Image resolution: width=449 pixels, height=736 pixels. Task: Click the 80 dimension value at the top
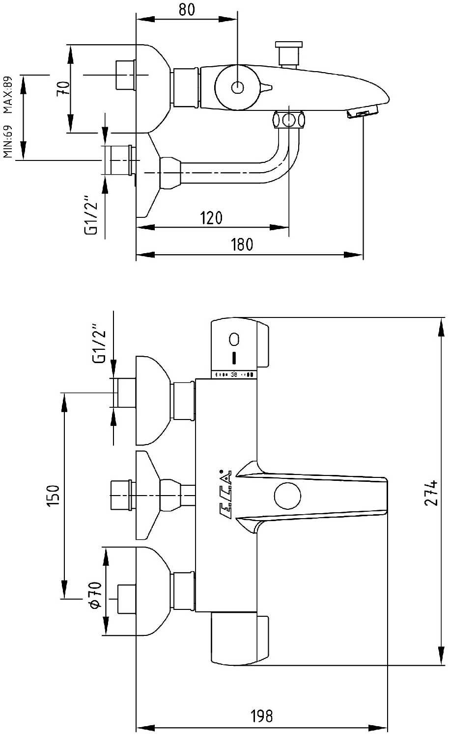[x=187, y=9]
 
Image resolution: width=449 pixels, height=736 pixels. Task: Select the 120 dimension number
[x=211, y=217]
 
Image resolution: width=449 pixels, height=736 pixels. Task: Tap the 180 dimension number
[x=242, y=244]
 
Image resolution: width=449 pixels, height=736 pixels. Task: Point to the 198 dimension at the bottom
[x=261, y=716]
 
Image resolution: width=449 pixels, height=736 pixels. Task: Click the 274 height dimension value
[x=431, y=492]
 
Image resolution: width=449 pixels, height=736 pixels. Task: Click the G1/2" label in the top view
[x=91, y=216]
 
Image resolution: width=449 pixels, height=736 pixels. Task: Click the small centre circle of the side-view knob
[x=237, y=88]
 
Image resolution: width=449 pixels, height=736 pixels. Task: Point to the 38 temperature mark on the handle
[x=234, y=375]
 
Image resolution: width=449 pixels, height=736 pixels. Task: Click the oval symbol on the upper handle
[x=234, y=339]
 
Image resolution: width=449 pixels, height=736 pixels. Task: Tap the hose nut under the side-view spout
[x=289, y=120]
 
